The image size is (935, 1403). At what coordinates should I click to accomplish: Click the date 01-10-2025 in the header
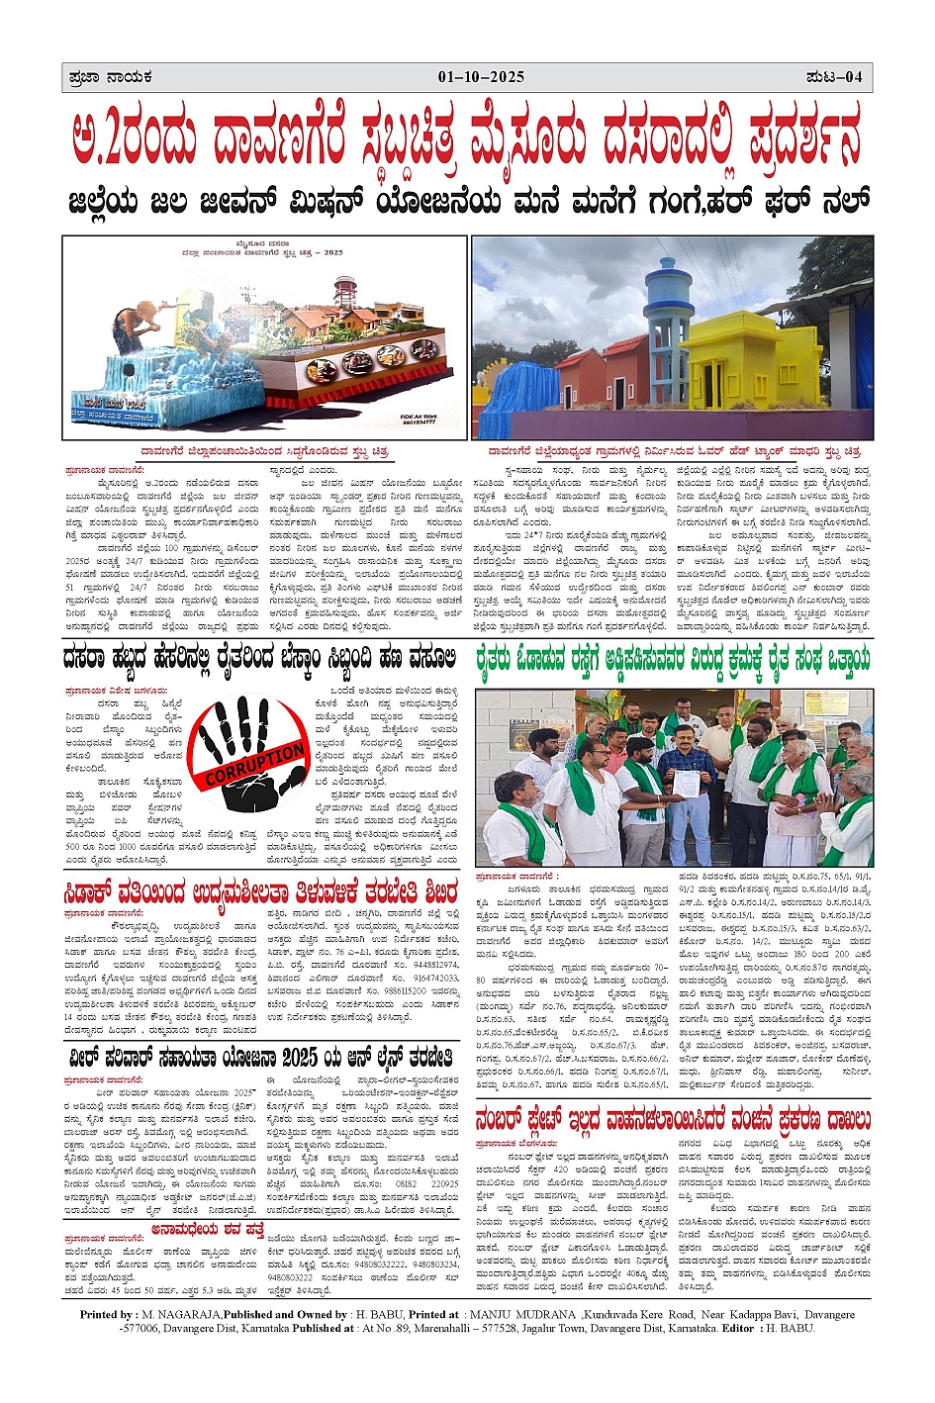tap(481, 77)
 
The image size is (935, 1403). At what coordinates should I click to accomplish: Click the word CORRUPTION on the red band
tap(255, 765)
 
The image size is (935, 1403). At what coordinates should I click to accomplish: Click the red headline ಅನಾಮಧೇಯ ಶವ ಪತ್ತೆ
tap(208, 1229)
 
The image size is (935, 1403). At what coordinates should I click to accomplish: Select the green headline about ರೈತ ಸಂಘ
tap(673, 658)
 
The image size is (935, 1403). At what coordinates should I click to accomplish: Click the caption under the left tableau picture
tap(264, 450)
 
